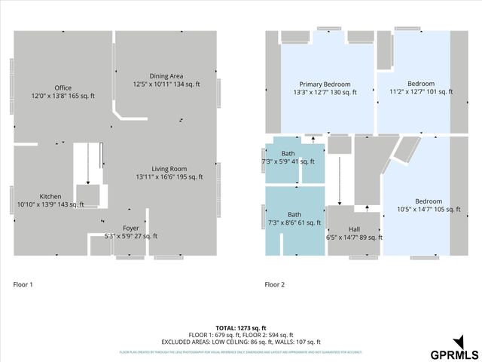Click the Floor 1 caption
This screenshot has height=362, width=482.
point(23,285)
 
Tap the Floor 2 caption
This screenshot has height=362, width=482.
point(274,285)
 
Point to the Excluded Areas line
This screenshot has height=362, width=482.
point(241,342)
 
